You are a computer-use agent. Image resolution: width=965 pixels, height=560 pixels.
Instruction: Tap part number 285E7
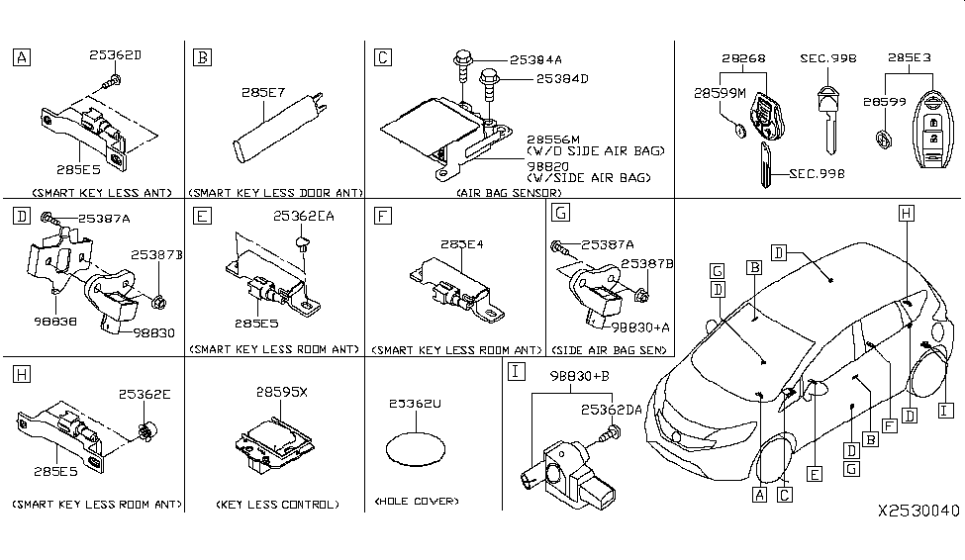coord(261,93)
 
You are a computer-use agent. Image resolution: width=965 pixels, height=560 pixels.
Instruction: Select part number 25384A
coord(534,58)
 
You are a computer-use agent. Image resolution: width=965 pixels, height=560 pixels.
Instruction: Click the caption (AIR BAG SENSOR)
coord(509,192)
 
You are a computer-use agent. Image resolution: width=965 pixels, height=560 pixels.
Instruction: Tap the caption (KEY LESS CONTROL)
coord(277,505)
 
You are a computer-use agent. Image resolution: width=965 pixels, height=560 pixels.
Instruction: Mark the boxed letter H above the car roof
coord(906,212)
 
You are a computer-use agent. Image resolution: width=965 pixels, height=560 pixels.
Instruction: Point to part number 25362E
coord(146,394)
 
